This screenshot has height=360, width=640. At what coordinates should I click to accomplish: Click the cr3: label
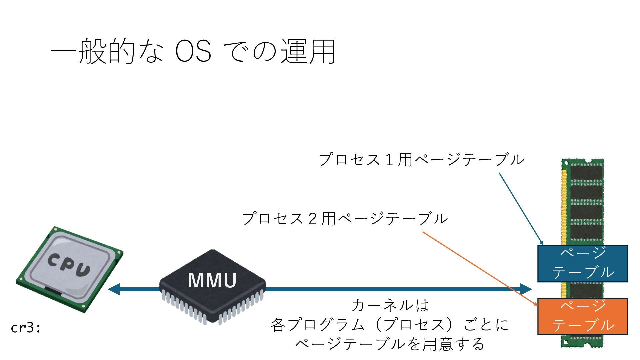pos(26,328)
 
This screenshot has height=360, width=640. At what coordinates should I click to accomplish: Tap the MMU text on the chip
pos(212,280)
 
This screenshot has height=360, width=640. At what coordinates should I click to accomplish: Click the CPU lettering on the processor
pos(69,265)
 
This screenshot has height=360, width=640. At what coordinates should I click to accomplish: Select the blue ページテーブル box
pos(582,263)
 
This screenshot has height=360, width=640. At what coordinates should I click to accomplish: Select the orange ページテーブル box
pos(582,316)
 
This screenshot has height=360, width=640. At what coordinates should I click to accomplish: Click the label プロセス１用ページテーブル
pos(421,160)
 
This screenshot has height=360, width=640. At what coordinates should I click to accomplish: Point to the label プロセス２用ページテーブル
pos(345,219)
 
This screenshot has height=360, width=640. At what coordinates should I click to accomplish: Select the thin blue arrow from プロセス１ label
pos(521,208)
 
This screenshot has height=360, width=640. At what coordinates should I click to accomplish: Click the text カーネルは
pos(390,305)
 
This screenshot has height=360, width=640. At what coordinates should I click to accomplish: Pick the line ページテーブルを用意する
pos(390,344)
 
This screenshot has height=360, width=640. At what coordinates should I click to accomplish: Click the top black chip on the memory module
pos(586,173)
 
